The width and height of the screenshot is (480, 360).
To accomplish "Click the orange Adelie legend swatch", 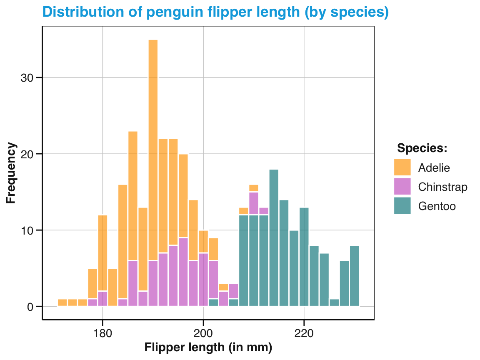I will click(x=402, y=167).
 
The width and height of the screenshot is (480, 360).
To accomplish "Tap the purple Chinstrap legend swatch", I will click(x=402, y=187).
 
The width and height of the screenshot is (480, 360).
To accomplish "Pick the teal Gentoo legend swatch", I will click(x=402, y=206).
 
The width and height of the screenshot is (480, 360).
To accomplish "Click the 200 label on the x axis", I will click(x=203, y=334).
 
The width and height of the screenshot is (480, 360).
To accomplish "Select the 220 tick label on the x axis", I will click(x=304, y=334).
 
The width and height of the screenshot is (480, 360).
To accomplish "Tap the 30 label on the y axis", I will click(x=26, y=78).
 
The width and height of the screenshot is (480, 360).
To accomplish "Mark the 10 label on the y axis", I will click(x=26, y=230).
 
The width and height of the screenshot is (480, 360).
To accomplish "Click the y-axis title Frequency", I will click(x=12, y=173).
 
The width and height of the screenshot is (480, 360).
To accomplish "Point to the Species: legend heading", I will click(x=422, y=148).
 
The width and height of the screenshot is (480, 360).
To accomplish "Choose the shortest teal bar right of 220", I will click(x=334, y=302).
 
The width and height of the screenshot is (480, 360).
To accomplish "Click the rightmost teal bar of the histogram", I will click(x=354, y=276).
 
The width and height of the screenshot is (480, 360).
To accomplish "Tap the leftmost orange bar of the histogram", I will click(x=62, y=302).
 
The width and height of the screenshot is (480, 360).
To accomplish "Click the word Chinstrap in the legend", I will click(x=442, y=187).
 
